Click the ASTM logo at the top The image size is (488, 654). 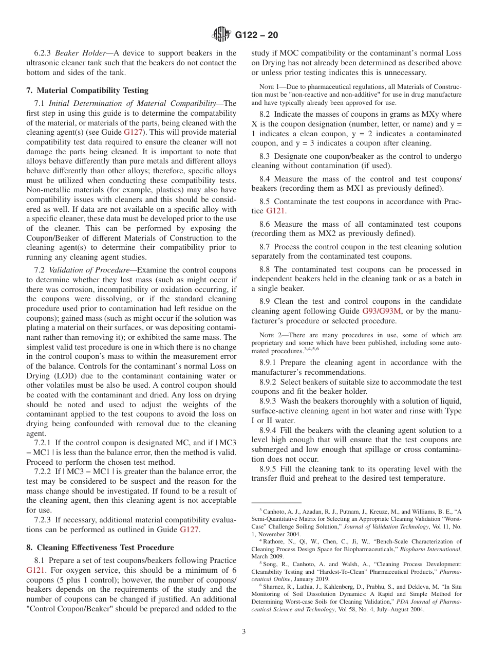(x=222, y=35)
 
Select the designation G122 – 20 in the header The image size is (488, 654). (x=256, y=35)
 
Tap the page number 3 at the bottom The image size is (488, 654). (x=244, y=631)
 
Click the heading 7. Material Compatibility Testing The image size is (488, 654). (x=87, y=90)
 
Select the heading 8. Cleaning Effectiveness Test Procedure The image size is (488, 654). (x=100, y=548)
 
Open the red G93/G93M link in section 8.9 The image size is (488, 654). (x=381, y=311)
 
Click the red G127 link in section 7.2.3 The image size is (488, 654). (x=189, y=530)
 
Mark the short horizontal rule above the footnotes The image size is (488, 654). (x=276, y=502)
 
